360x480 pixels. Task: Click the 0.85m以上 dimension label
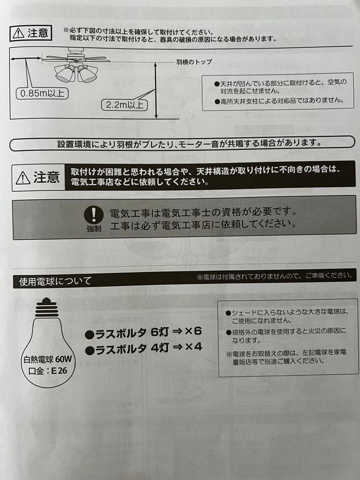(42, 94)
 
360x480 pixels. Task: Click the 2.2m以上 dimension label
(125, 105)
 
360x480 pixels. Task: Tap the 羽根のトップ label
(194, 62)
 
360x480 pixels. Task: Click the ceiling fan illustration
(76, 67)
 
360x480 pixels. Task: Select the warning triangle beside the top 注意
(18, 33)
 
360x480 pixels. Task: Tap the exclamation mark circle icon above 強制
(94, 215)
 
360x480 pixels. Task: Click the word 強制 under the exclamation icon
(94, 229)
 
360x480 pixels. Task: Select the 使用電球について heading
(55, 281)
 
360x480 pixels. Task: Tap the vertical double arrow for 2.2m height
(156, 91)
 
